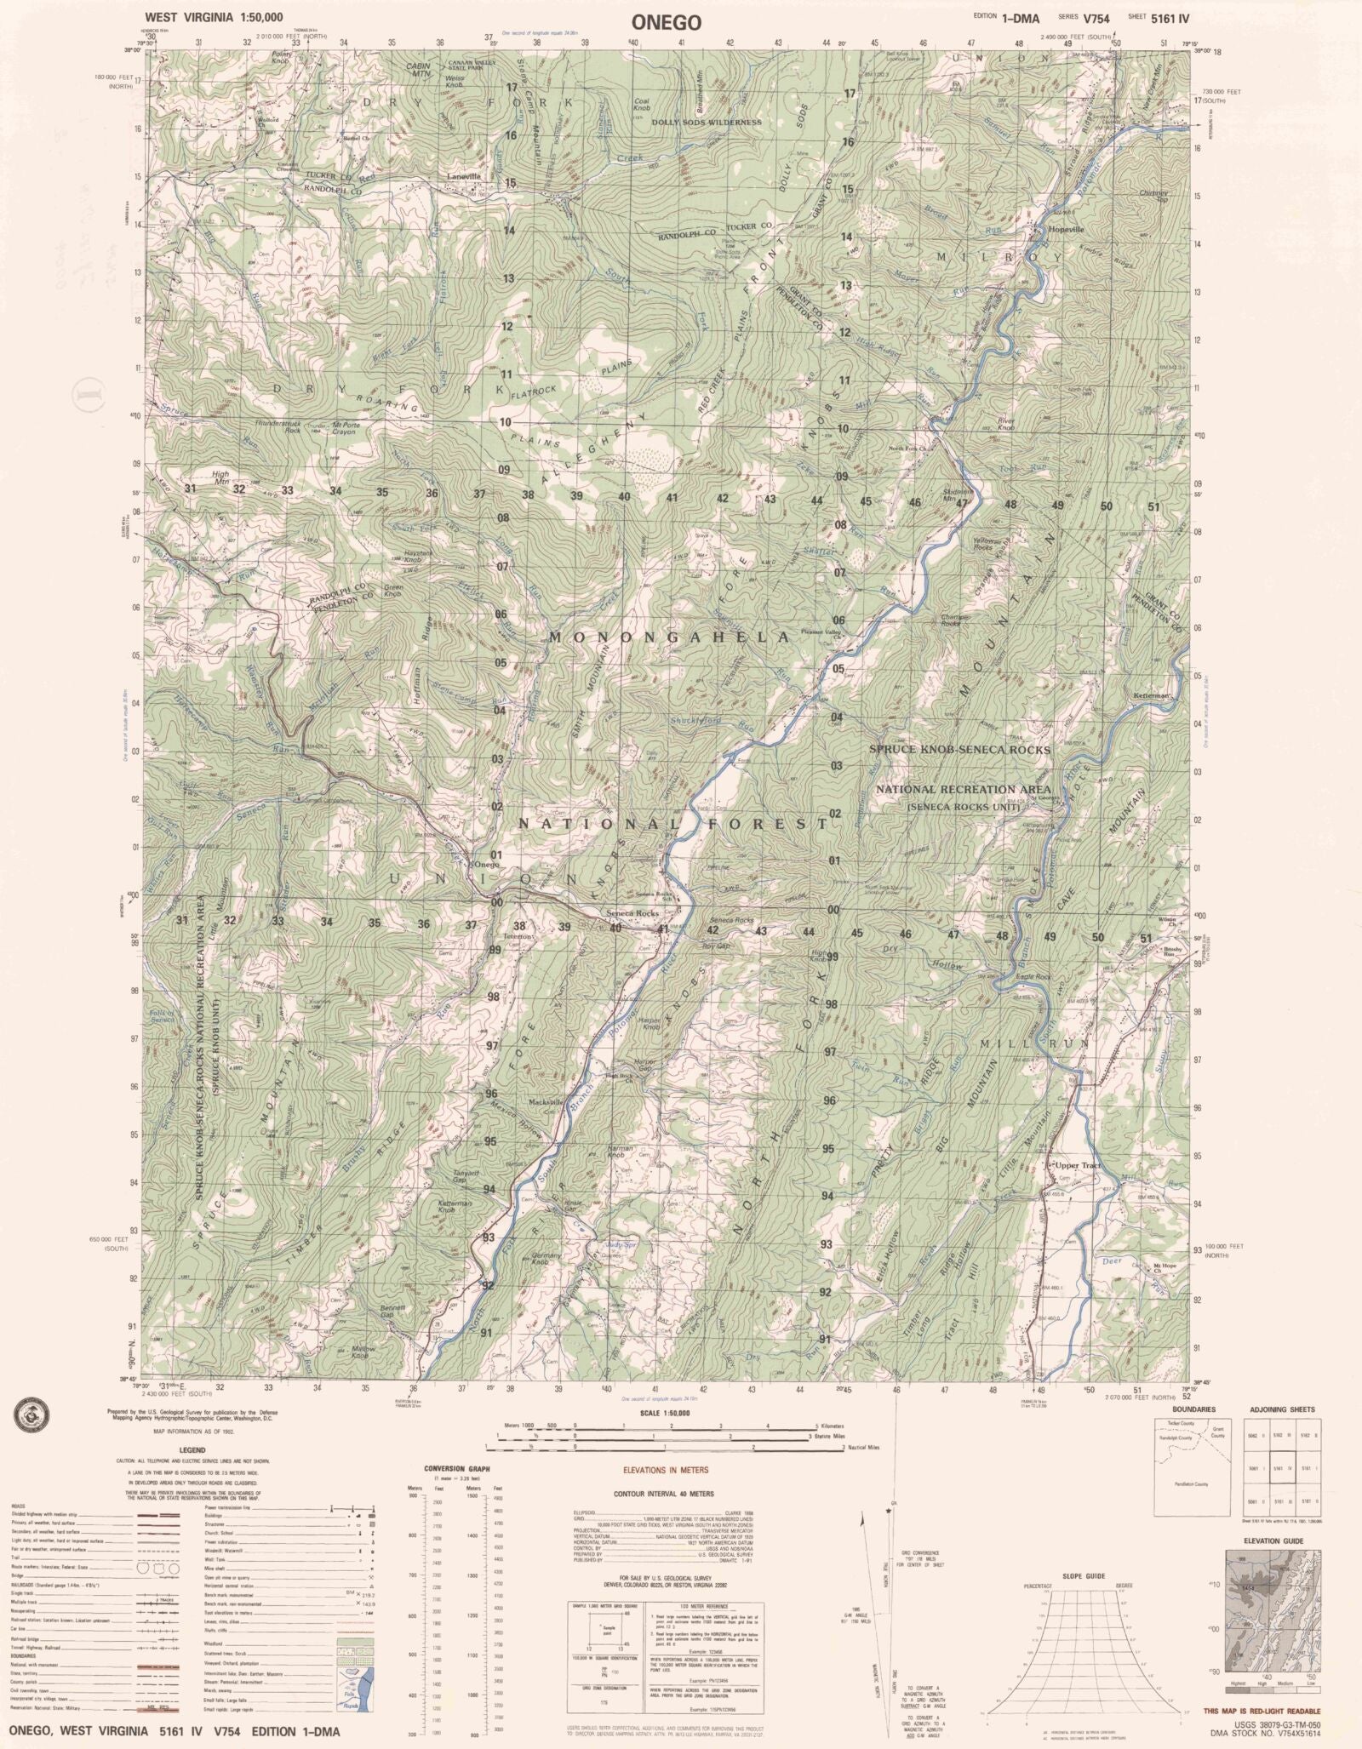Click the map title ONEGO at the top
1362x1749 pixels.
667,23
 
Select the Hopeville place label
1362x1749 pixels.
1054,230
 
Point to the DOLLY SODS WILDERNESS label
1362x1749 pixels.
706,123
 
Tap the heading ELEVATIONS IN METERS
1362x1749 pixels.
665,1469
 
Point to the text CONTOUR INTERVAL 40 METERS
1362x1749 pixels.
664,1494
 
